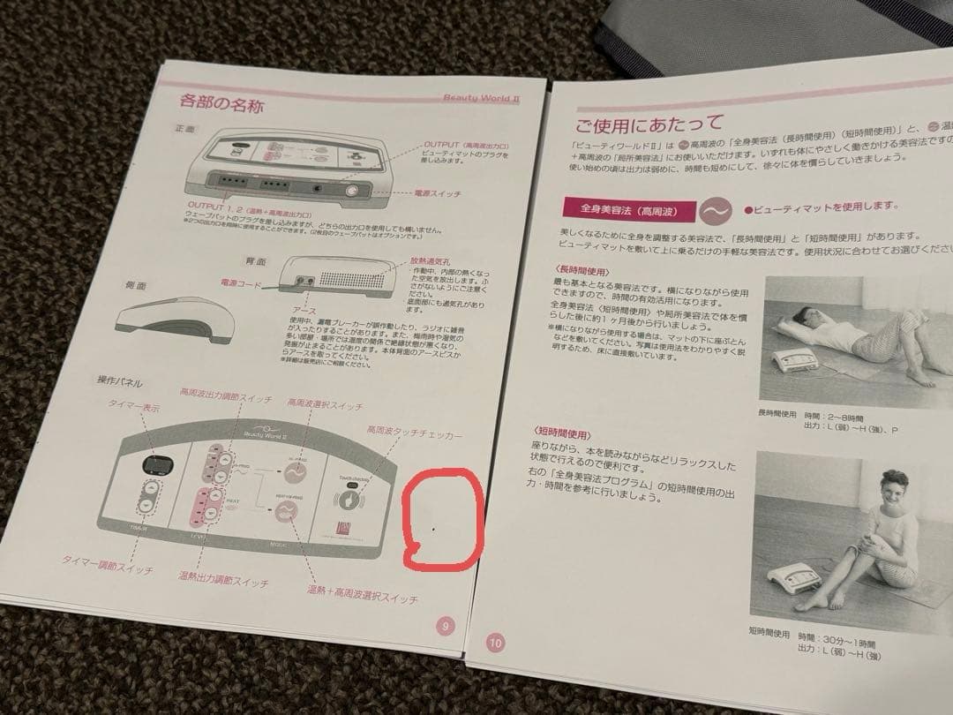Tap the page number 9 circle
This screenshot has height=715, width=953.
tap(446, 626)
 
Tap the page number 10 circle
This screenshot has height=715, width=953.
tap(494, 643)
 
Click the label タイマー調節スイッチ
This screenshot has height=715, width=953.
tap(107, 565)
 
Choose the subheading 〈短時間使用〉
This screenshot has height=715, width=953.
tap(561, 436)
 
